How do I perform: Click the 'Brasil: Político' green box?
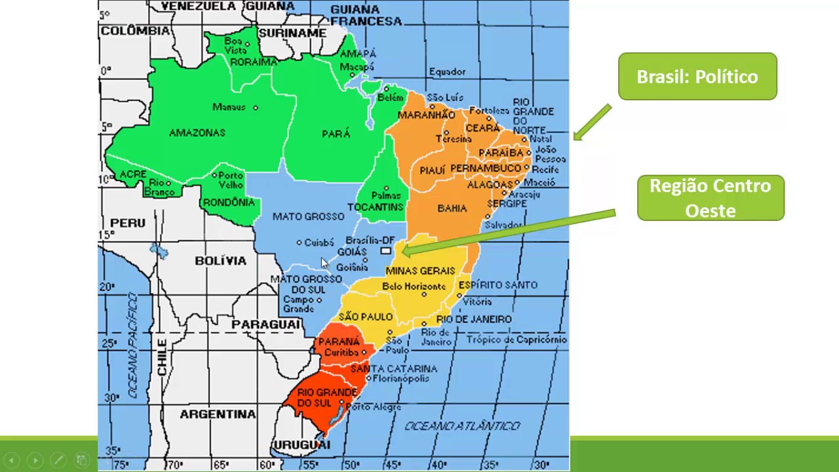click(x=697, y=77)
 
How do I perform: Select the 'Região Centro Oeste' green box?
click(x=711, y=198)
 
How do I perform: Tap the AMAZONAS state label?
click(x=197, y=133)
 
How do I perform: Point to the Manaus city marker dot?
click(x=256, y=108)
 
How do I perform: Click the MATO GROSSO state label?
click(x=308, y=216)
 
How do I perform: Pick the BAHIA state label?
click(x=452, y=208)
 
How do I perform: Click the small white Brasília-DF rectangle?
click(x=385, y=251)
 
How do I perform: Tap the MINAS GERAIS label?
click(x=420, y=271)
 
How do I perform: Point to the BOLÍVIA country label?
click(x=220, y=261)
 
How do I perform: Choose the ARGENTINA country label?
click(x=218, y=414)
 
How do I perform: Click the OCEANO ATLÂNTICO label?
click(x=462, y=426)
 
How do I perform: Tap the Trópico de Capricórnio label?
click(x=517, y=340)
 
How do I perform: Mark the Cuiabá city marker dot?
click(x=300, y=243)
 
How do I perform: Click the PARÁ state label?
click(x=336, y=134)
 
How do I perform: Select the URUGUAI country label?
click(x=302, y=445)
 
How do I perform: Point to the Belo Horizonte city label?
click(x=414, y=286)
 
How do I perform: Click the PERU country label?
click(x=128, y=223)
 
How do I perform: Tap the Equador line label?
click(x=447, y=72)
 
